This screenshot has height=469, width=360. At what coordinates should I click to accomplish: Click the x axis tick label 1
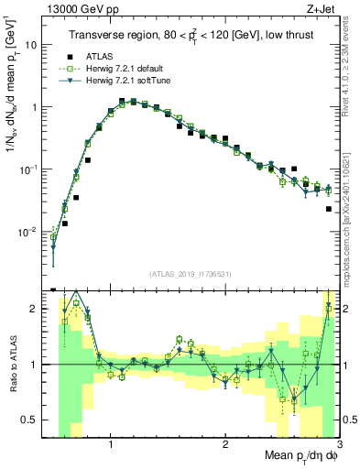111,444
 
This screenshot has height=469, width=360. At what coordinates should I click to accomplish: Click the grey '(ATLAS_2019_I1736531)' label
189,274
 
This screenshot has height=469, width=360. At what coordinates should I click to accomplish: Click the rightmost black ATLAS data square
328,209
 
